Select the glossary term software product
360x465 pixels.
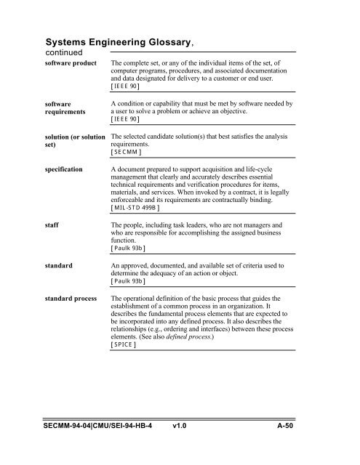coord(75,65)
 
